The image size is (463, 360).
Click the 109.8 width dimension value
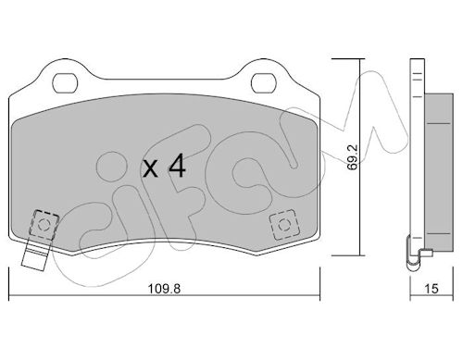pos(164,289)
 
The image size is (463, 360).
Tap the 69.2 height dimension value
pos(352,157)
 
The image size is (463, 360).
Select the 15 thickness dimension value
pos(432,289)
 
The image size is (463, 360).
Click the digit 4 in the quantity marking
pos(177,166)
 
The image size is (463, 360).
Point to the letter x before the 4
pos(151,168)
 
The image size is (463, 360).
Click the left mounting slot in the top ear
pos(65,83)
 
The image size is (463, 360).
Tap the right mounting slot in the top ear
pos(263,83)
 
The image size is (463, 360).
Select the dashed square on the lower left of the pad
pos(44,225)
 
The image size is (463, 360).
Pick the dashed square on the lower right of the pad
pos(284,224)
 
